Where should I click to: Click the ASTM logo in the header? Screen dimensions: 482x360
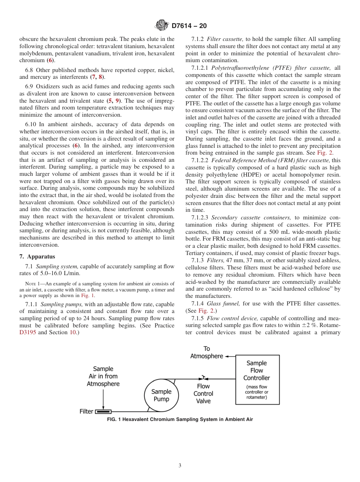162,26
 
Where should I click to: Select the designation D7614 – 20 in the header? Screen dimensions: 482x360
189,26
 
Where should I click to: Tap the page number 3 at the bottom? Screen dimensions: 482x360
180,465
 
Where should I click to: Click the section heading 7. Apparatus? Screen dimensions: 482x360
37,257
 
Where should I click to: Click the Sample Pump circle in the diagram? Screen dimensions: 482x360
161,395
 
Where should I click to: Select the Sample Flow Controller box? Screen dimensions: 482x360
257,380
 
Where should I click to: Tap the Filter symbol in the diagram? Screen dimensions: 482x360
103,412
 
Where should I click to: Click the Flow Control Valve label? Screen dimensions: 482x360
203,394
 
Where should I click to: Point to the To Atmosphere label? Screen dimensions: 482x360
207,352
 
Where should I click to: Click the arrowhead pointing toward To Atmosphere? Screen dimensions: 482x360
227,356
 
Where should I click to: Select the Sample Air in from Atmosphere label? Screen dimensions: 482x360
103,376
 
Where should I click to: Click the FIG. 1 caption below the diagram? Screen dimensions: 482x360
180,419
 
